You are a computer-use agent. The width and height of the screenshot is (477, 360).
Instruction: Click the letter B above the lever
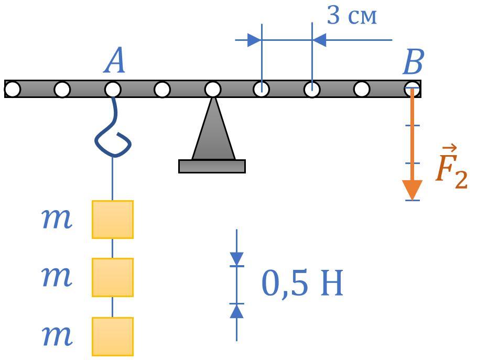pos(413,63)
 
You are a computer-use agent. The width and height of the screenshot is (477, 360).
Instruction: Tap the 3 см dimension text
pos(352,16)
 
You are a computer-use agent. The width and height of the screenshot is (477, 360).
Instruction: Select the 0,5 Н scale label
pos(302,283)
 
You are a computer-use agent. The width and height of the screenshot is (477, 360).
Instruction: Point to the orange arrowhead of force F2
pos(412,189)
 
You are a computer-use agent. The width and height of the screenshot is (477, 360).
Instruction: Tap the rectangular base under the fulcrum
pos(212,166)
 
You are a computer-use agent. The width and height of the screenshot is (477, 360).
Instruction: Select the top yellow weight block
pos(113,219)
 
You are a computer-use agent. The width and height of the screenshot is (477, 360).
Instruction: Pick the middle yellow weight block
pos(113,277)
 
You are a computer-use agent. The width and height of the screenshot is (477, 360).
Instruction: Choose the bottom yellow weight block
pos(113,336)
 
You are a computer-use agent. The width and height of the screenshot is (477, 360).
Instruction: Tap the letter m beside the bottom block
pos(57,335)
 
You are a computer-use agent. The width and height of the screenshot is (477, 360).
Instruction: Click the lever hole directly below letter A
pos(113,90)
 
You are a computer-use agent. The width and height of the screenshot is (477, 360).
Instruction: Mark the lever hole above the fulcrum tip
pos(212,90)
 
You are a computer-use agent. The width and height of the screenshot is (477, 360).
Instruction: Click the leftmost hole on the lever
pos(13,90)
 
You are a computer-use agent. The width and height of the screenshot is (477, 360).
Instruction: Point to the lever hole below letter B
pos(412,90)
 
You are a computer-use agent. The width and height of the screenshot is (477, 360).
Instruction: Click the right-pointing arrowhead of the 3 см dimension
pos(254,40)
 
